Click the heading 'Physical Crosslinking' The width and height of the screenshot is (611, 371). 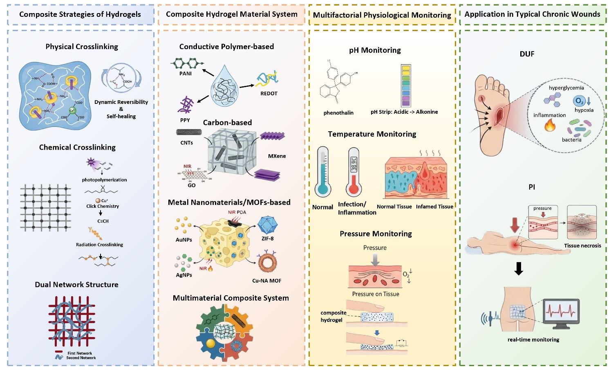click(x=82, y=47)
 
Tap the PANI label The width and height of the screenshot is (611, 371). click(x=185, y=74)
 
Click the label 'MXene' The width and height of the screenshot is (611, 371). click(x=278, y=156)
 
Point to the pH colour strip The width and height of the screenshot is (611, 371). click(x=406, y=85)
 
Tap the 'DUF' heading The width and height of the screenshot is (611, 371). click(x=527, y=54)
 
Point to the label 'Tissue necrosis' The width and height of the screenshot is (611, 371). click(x=582, y=245)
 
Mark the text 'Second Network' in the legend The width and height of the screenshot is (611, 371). click(x=81, y=358)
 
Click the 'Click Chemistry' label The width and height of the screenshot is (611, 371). click(x=103, y=206)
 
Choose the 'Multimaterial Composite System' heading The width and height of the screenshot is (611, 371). click(x=231, y=298)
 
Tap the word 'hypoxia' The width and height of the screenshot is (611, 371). click(x=584, y=110)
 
